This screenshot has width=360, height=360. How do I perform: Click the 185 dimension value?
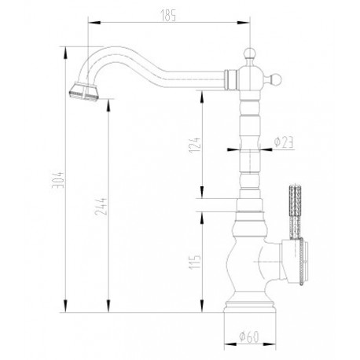pos(168,16)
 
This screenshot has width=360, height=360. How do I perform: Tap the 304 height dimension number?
pos(58,180)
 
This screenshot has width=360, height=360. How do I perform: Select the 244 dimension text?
pos(101,207)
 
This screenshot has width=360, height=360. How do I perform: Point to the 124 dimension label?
pos(195,145)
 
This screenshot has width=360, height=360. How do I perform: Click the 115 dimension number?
pos(195,261)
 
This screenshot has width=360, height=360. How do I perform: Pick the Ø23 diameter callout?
pos(283,142)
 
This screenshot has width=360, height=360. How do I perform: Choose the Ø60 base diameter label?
pos(249,336)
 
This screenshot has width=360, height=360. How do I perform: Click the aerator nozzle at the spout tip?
pos(84,91)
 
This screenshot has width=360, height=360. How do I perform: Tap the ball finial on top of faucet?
pos(250,53)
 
